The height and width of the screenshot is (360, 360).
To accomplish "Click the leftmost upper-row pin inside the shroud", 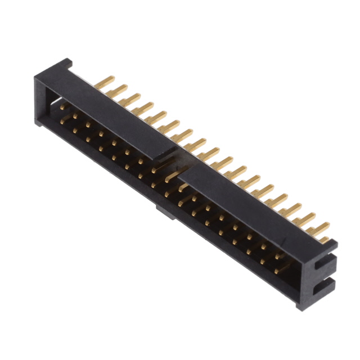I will [x=64, y=106].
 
